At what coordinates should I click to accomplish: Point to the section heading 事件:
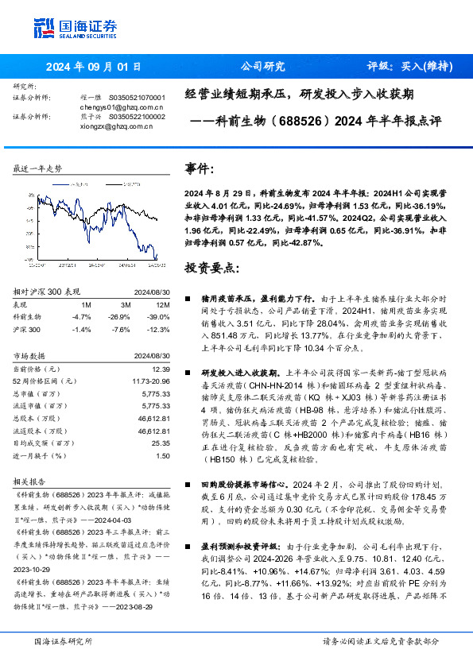(x=200, y=168)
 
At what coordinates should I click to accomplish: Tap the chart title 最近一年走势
(x=37, y=168)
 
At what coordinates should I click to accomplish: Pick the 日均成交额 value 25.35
(x=162, y=443)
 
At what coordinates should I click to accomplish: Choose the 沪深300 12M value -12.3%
(x=159, y=329)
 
